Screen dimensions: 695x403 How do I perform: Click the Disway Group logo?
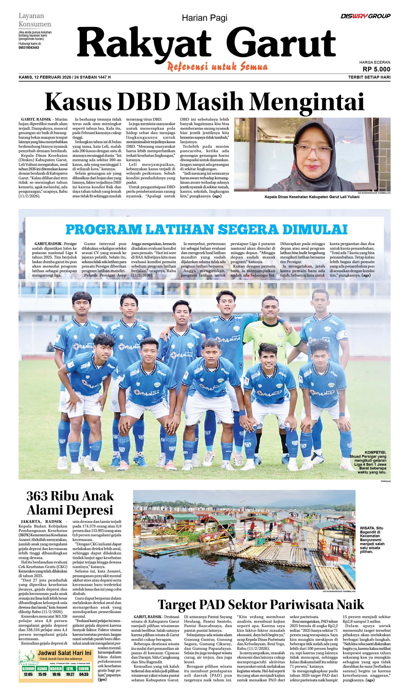[x=365, y=16]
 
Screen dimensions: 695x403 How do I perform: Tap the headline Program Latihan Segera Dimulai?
[x=206, y=229]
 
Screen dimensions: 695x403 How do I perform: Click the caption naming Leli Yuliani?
[x=312, y=197]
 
